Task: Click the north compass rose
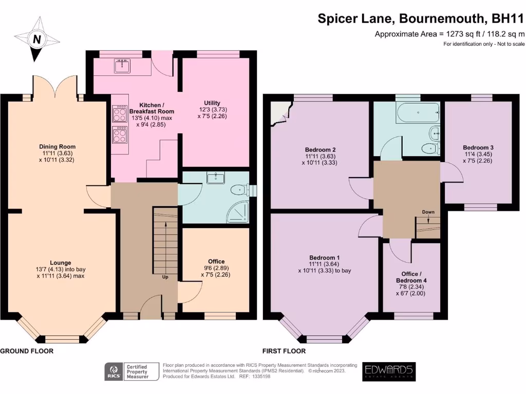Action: [x=36, y=39]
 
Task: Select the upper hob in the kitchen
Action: [x=120, y=113]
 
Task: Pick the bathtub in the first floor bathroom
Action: [x=418, y=113]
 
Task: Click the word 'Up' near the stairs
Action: [x=165, y=277]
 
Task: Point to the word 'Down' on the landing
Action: [x=428, y=211]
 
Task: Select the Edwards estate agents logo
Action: [x=388, y=371]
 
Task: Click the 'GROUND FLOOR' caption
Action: [x=27, y=351]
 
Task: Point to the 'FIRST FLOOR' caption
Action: [x=284, y=351]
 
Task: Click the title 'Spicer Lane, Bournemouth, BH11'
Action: [x=421, y=19]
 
